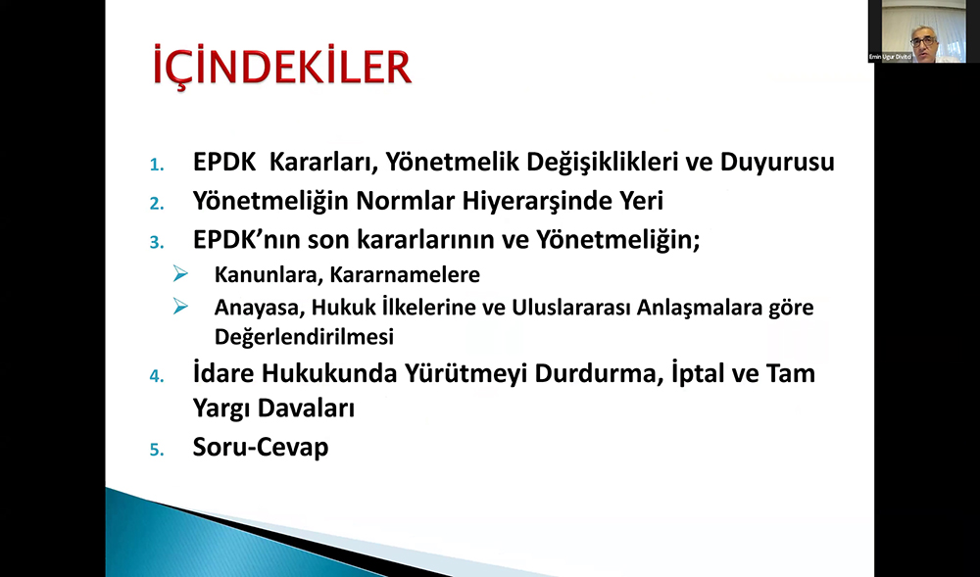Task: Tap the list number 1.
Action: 156,166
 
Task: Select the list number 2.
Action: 156,204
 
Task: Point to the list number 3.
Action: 156,243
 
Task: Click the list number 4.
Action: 156,376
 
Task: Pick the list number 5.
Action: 156,450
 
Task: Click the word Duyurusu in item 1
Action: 777,163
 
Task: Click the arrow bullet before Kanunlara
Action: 180,273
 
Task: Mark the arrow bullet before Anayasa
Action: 180,307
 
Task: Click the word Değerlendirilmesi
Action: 305,337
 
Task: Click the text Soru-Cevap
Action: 261,447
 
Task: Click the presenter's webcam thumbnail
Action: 917,31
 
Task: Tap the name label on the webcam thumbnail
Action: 891,57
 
